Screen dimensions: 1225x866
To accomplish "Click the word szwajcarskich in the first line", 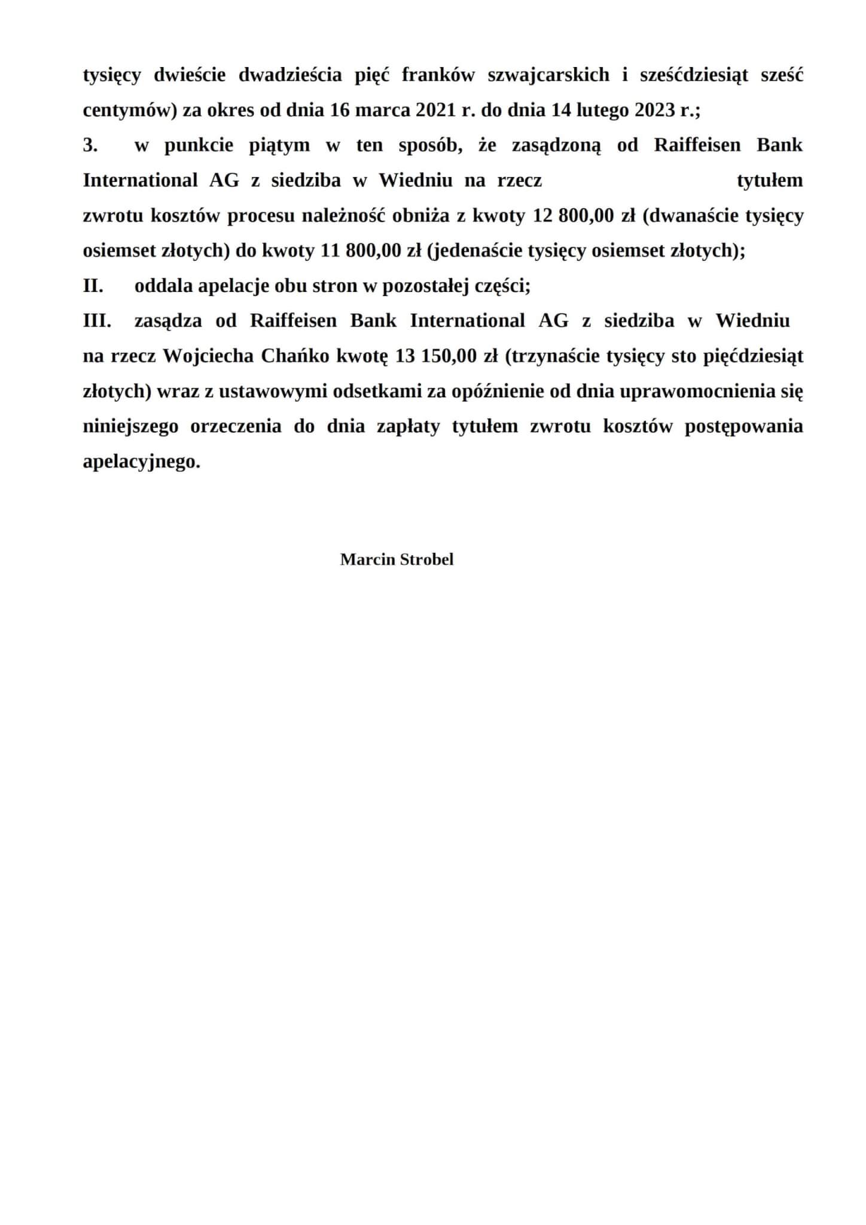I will click(x=548, y=75).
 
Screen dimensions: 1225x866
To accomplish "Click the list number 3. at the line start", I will click(x=90, y=145).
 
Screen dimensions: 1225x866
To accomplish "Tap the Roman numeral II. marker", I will click(x=93, y=286).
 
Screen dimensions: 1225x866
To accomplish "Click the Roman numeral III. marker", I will click(x=97, y=321).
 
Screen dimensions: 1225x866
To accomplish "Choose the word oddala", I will click(x=163, y=286).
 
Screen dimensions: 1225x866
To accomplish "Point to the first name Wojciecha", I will click(x=209, y=356).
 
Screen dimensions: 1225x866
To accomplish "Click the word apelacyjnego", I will click(x=141, y=462).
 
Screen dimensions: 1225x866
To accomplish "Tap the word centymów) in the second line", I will click(x=127, y=111).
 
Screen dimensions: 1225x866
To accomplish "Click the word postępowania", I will click(x=743, y=427).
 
